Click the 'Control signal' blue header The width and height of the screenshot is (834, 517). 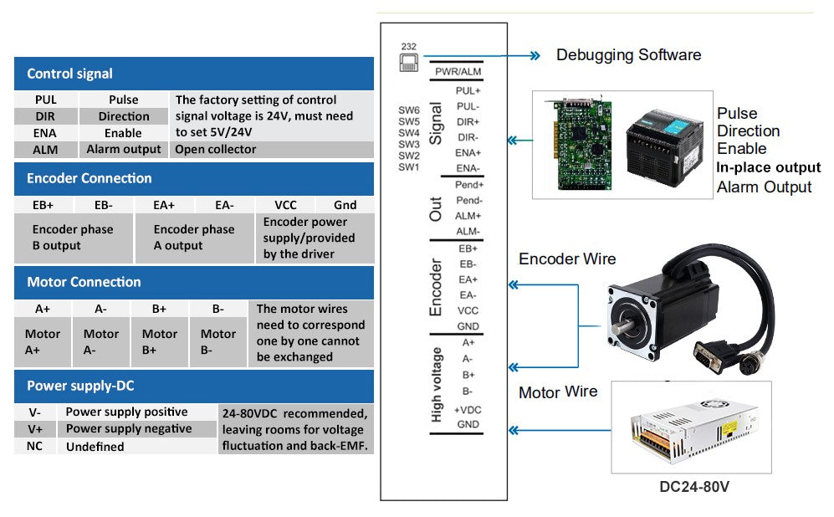pos(193,74)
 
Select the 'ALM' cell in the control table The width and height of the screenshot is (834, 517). pos(46,149)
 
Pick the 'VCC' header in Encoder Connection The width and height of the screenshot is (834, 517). pos(285,204)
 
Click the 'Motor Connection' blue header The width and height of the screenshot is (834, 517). pos(193,282)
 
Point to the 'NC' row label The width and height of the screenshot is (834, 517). pos(36,446)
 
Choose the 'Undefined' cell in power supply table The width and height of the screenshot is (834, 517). pos(95,447)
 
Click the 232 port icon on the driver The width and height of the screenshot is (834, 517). pos(408,62)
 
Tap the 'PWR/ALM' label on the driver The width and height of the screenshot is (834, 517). pos(458,72)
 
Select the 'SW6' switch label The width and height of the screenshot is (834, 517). pos(409,110)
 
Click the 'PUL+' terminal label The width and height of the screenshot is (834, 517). pos(468,90)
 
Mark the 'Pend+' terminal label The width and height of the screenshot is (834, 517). pos(469,185)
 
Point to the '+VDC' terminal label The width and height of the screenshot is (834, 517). pos(468,409)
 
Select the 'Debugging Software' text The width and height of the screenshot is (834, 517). pos(628,55)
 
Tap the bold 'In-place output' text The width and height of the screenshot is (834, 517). pos(769,167)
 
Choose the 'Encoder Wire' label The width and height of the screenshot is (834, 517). pos(567,259)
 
